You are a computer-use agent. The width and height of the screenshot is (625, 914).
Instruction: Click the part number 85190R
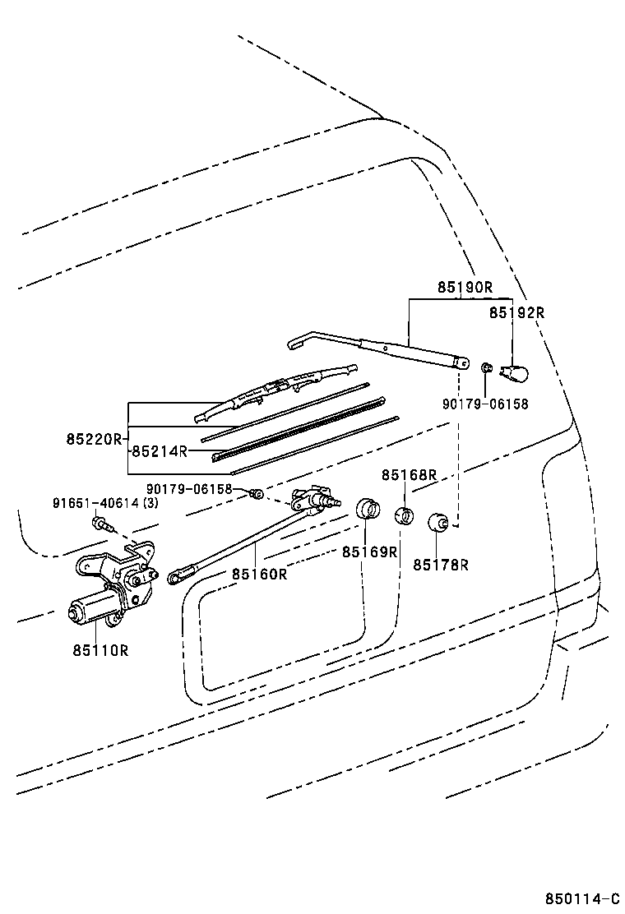(x=465, y=287)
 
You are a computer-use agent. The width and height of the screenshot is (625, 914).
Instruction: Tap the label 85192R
(x=516, y=312)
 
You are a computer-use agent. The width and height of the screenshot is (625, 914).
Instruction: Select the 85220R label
(x=94, y=439)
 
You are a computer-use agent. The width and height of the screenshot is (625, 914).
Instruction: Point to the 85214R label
(x=160, y=451)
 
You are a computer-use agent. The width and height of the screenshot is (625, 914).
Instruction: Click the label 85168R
(x=410, y=475)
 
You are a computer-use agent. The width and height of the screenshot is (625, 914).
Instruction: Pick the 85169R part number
(x=369, y=552)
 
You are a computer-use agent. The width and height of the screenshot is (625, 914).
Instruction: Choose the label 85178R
(x=441, y=565)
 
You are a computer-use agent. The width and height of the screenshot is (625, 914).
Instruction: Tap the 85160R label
(x=259, y=575)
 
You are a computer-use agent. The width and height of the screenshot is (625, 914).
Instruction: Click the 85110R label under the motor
(x=100, y=650)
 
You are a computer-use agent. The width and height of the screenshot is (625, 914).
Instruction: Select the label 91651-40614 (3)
(x=105, y=503)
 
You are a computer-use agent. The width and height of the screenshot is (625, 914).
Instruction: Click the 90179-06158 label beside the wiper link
(x=189, y=488)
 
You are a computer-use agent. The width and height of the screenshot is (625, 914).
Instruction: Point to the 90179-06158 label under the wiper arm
(x=485, y=404)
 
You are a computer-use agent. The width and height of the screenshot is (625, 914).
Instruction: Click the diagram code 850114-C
(x=582, y=898)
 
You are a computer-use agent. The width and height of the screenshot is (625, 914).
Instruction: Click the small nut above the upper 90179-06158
(x=486, y=367)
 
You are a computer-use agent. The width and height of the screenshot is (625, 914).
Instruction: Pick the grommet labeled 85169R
(x=368, y=508)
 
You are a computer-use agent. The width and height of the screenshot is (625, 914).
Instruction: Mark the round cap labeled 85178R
(x=437, y=522)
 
